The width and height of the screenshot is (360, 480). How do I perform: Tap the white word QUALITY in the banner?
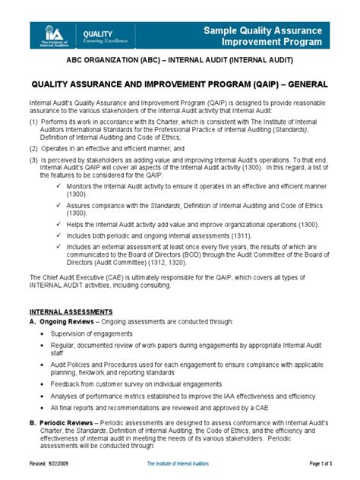tap(97, 34)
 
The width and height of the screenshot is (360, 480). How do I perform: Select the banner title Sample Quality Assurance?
tap(272, 29)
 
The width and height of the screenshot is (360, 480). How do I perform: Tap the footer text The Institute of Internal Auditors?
tap(179, 473)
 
